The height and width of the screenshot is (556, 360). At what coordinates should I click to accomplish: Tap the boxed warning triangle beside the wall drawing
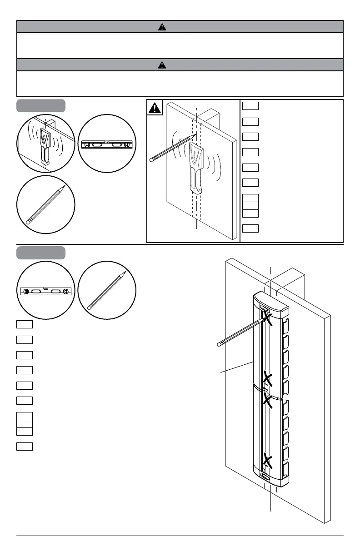[x=155, y=109]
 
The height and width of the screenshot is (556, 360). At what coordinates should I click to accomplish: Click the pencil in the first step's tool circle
[x=45, y=205]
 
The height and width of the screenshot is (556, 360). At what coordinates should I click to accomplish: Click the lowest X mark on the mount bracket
[x=268, y=462]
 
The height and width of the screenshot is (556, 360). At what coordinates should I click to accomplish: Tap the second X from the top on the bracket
[x=268, y=378]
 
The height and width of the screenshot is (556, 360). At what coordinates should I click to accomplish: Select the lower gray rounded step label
[x=41, y=253]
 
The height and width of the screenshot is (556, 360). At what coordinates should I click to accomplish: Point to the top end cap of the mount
[x=270, y=301]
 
